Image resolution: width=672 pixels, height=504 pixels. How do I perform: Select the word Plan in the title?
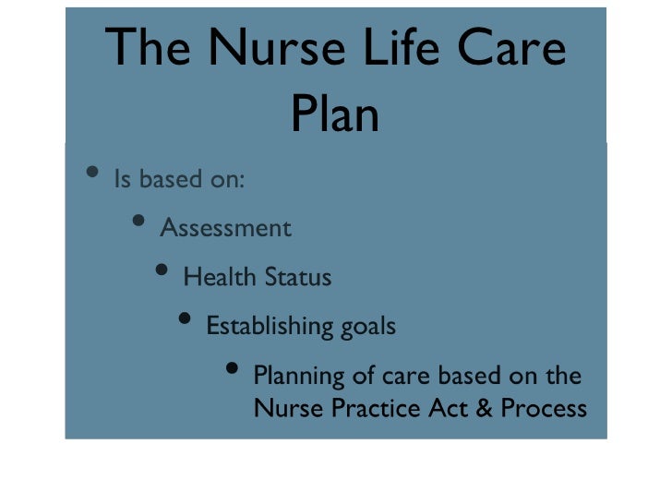335,115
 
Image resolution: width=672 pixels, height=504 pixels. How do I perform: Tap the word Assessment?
226,228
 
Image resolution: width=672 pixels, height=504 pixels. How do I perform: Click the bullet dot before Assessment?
138,222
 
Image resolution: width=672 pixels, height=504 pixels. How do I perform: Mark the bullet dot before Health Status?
162,270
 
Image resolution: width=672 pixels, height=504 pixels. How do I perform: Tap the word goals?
367,327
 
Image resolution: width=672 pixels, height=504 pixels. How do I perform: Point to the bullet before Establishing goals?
185,320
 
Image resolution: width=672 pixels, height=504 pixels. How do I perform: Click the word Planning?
294,377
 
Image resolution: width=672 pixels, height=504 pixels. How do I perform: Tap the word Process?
544,407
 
